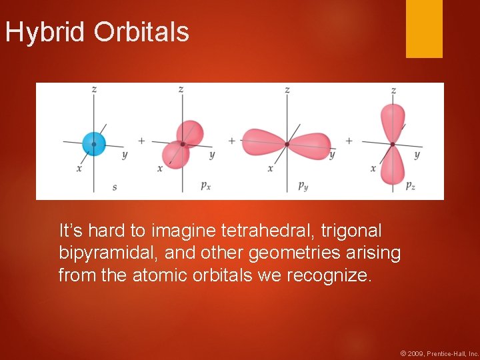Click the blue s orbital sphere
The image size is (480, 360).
coord(94,143)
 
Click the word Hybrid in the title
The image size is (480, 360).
coord(46,32)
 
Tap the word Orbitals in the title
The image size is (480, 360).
coord(141,32)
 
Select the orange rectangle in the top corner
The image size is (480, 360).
coord(424,28)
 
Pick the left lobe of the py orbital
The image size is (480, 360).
coord(264,141)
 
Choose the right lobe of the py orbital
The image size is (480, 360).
coord(309,143)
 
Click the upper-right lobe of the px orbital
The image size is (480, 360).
coord(191,131)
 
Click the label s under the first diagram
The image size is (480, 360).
coord(115,187)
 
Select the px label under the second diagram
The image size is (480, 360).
coord(206,186)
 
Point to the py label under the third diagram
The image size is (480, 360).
coord(303,186)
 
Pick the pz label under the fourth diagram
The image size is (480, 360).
coord(410,186)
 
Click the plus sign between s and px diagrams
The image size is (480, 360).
coord(141,141)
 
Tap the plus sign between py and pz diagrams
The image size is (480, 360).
coord(349,141)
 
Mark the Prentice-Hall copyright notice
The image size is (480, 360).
coord(439,353)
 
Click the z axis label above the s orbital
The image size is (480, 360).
coord(94,89)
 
